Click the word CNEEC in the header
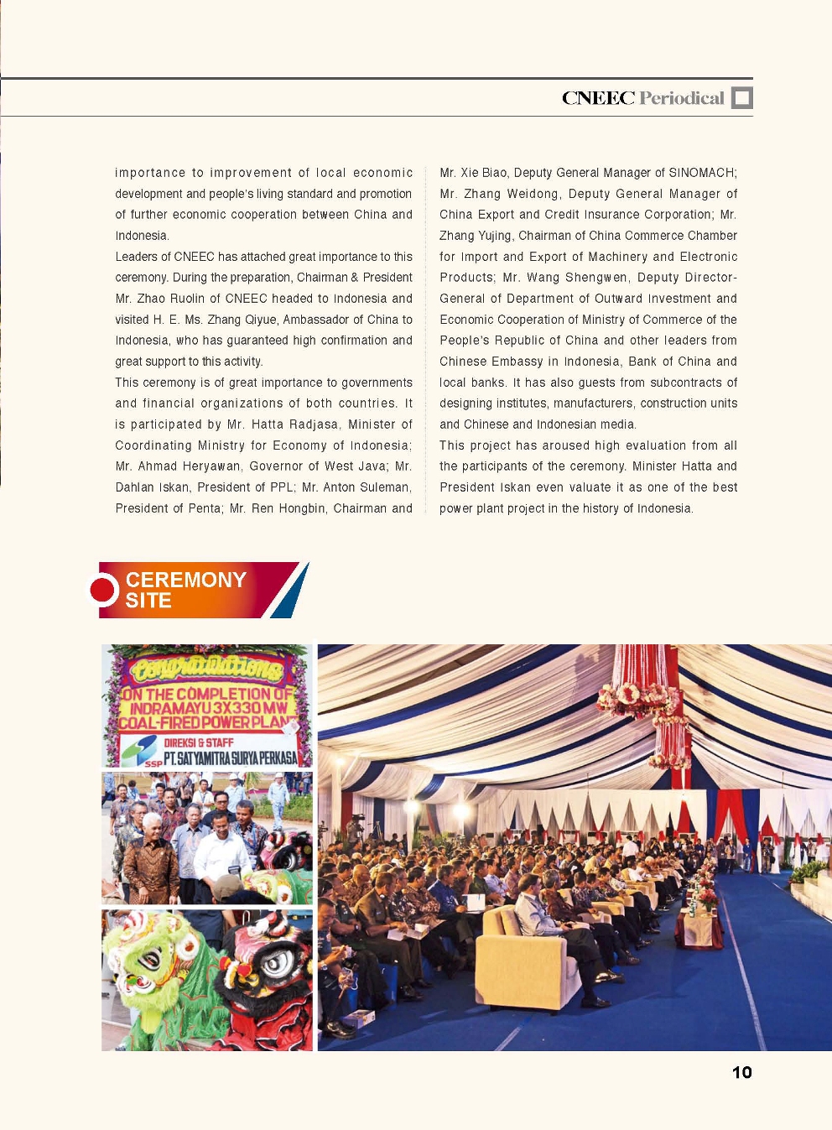coord(598,98)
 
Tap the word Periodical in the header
coord(682,98)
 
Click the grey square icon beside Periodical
coord(741,98)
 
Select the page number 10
coord(741,1072)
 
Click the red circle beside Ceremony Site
coord(104,590)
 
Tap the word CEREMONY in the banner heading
coord(185,580)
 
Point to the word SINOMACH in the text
coord(702,173)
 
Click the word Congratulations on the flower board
coord(206,669)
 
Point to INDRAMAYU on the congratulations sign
coord(171,709)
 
